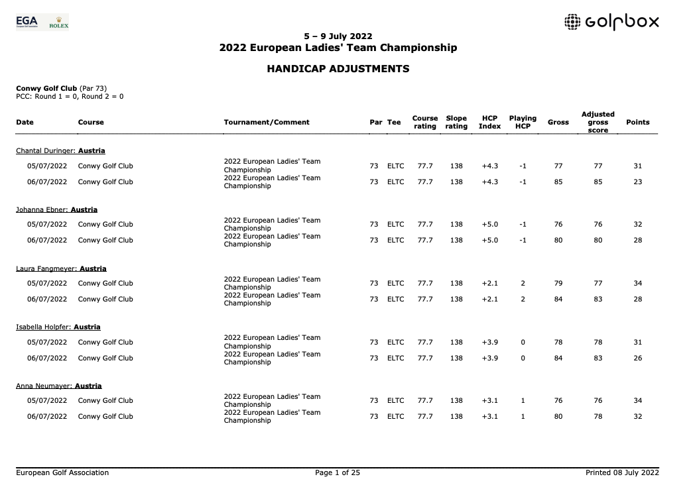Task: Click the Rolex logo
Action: pyautogui.click(x=59, y=23)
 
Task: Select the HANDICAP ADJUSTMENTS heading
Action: pyautogui.click(x=338, y=69)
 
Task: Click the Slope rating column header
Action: pyautogui.click(x=456, y=122)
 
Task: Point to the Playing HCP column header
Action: pyautogui.click(x=523, y=122)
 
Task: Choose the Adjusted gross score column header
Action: pyautogui.click(x=598, y=122)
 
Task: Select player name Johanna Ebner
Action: pyautogui.click(x=43, y=209)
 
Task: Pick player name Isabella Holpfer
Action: pyautogui.click(x=44, y=327)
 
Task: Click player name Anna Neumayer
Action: pyautogui.click(x=44, y=386)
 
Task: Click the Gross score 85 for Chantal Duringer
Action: pyautogui.click(x=558, y=182)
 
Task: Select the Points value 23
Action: pyautogui.click(x=637, y=182)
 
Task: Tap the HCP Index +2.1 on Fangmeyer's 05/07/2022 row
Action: pyautogui.click(x=489, y=283)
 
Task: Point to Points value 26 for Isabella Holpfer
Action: pyautogui.click(x=637, y=358)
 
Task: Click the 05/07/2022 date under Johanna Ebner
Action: pyautogui.click(x=47, y=224)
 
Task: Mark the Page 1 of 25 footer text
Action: pyautogui.click(x=337, y=472)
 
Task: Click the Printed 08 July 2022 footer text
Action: pyautogui.click(x=622, y=472)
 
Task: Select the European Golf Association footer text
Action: pyautogui.click(x=62, y=472)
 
